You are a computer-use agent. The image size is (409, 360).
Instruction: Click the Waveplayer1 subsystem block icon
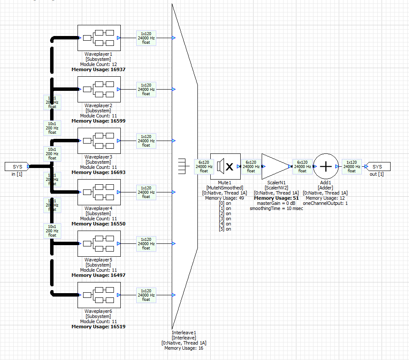99,38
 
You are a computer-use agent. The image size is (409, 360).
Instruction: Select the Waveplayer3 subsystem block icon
99,141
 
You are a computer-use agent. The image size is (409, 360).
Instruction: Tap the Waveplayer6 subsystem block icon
99,295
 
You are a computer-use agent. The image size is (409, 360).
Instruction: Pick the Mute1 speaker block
226,166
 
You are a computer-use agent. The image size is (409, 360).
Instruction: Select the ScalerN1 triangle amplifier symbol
275,166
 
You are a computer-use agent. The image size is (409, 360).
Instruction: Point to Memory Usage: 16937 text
99,69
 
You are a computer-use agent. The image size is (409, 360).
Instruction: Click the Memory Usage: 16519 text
99,327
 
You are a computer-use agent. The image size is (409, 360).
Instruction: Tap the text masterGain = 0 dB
276,203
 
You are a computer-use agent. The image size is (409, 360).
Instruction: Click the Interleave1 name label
184,333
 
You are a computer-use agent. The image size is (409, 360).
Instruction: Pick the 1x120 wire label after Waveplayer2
146,89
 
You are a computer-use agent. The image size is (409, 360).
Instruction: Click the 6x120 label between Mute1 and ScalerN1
251,166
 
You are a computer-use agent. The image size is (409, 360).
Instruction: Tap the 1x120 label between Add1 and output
351,166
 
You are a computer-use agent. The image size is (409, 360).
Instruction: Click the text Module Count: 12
99,64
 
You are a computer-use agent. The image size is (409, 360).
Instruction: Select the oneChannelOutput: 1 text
325,203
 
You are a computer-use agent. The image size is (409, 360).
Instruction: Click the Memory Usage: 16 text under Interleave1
184,348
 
